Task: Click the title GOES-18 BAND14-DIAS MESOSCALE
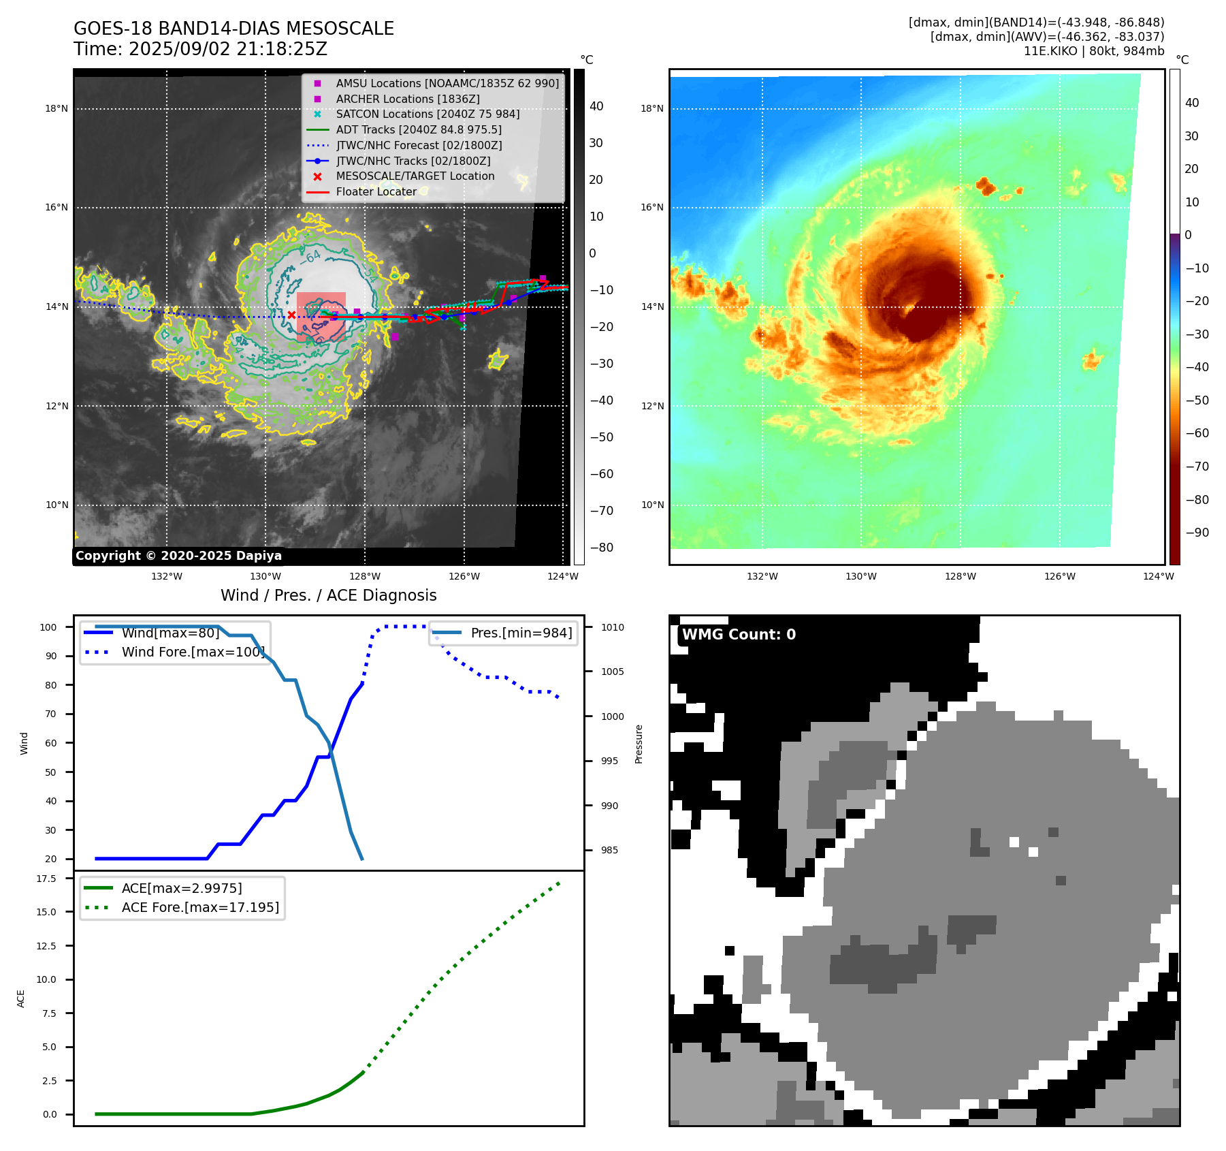[x=233, y=29]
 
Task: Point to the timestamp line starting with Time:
[x=200, y=50]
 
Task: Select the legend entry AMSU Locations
[x=447, y=83]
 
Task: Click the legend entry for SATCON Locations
[x=427, y=114]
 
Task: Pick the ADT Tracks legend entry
[x=418, y=129]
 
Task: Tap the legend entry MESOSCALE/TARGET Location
[x=415, y=176]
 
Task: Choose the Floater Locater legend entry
[x=376, y=191]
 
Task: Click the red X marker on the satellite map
[x=291, y=315]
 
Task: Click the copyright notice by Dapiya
[x=178, y=556]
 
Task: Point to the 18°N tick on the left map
[x=57, y=108]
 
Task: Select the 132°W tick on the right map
[x=762, y=576]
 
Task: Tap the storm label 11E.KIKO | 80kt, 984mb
[x=1093, y=51]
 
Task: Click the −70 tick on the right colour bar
[x=1197, y=467]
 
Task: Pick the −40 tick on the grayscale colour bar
[x=601, y=400]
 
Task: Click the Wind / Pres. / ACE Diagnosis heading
[x=328, y=595]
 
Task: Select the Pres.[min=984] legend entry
[x=521, y=633]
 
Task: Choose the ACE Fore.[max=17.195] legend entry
[x=199, y=907]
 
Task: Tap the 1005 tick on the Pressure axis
[x=612, y=672]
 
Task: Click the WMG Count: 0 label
[x=739, y=635]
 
